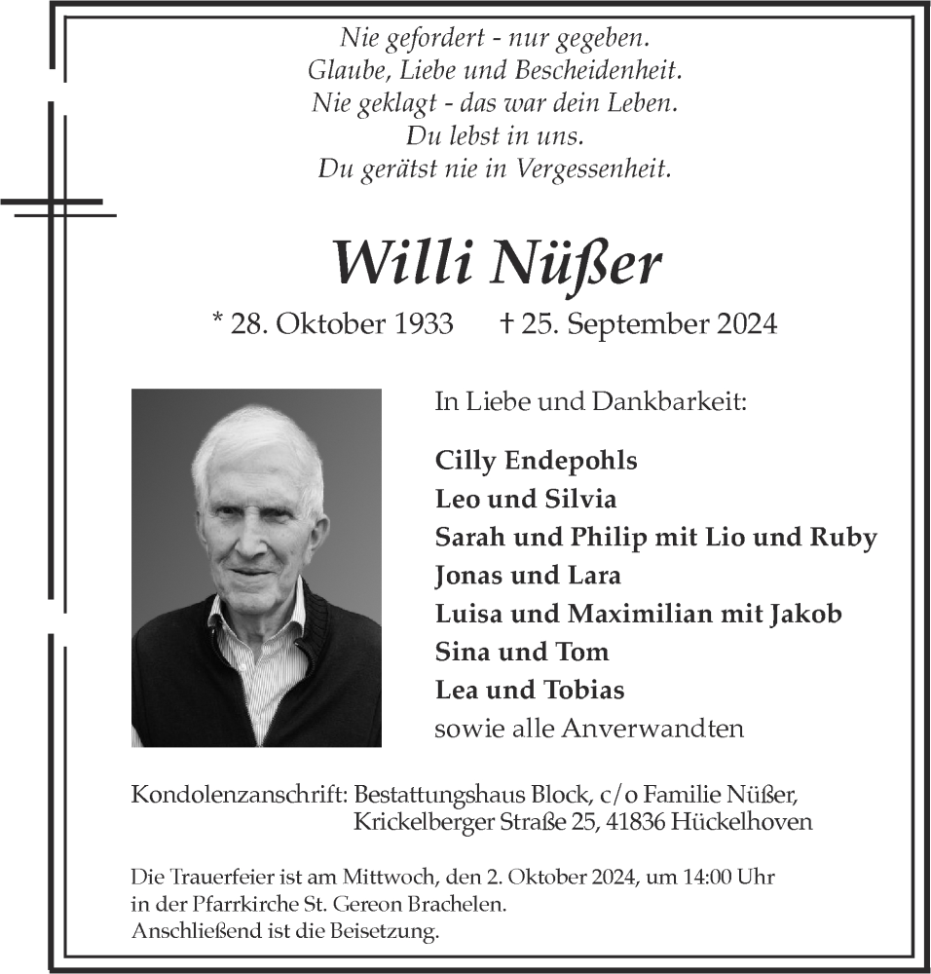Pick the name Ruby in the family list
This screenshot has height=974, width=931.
pos(846,537)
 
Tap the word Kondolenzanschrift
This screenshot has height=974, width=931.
pos(240,795)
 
